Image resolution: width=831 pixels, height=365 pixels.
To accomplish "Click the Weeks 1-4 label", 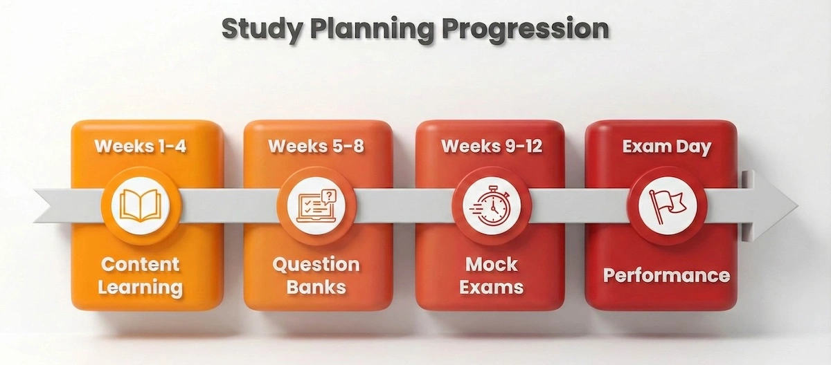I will pyautogui.click(x=141, y=147).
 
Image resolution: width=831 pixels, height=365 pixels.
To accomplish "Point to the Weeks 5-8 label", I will pyautogui.click(x=316, y=147).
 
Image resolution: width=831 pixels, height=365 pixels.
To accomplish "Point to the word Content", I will pyautogui.click(x=141, y=264).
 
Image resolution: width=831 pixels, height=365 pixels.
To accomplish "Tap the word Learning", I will pyautogui.click(x=141, y=287).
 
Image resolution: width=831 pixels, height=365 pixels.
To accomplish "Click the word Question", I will pyautogui.click(x=316, y=264).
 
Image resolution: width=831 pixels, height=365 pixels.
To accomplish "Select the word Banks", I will pyautogui.click(x=316, y=287).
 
